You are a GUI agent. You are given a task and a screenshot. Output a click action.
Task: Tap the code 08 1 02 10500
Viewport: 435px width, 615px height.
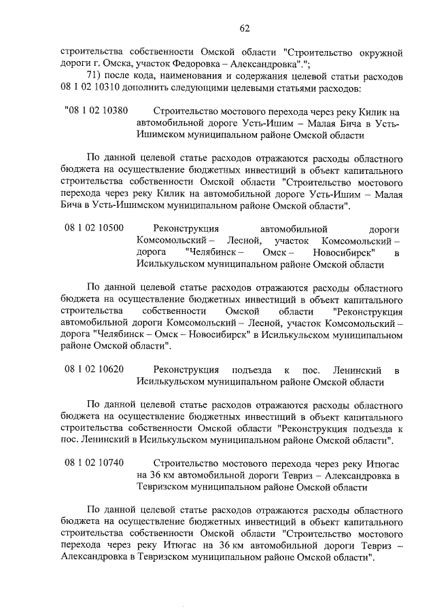coord(94,228)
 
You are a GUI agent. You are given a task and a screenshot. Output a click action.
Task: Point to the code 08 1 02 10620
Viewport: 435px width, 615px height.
coord(94,369)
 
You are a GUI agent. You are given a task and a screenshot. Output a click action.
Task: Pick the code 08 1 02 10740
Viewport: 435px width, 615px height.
coord(94,463)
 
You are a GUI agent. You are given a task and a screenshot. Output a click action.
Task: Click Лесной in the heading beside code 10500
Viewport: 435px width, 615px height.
coord(241,240)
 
